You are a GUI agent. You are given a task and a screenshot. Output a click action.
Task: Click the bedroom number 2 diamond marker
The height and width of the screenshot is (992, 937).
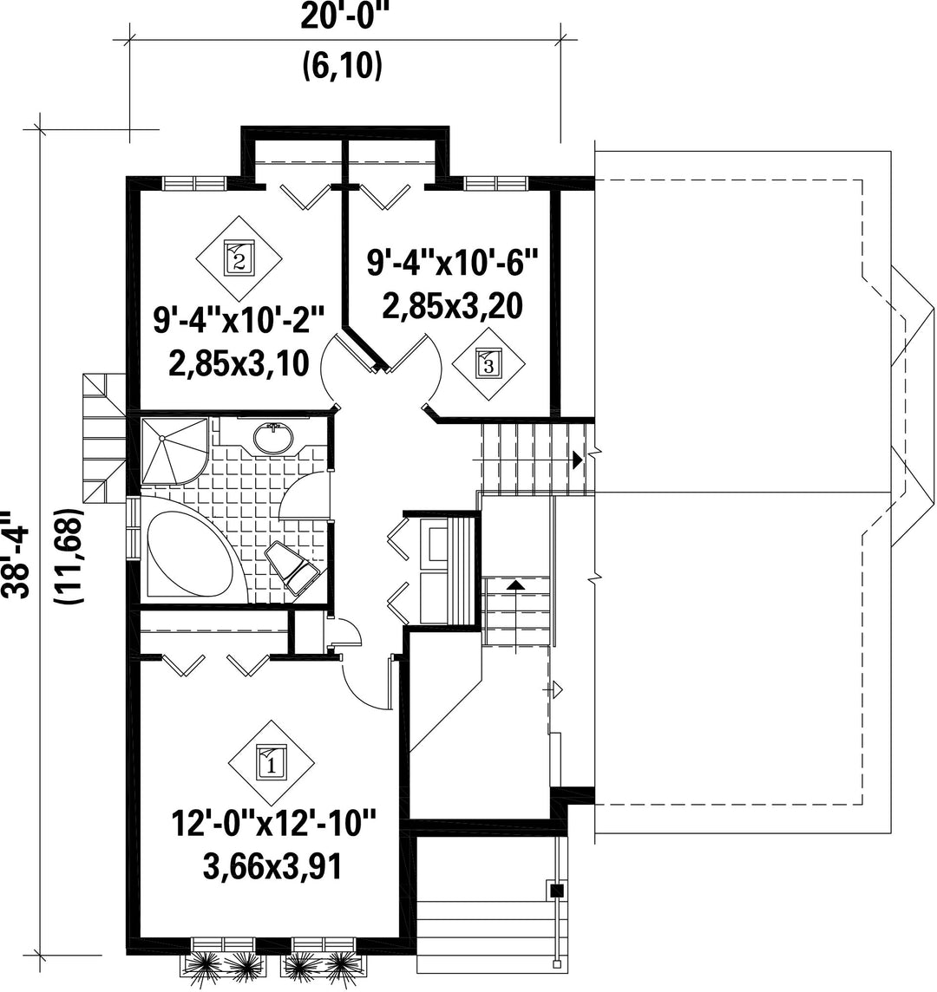coord(239,258)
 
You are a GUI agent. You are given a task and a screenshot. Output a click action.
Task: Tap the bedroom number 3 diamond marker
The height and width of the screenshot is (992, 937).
coord(488,364)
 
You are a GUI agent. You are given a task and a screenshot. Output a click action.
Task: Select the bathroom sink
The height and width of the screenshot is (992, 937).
coord(273,438)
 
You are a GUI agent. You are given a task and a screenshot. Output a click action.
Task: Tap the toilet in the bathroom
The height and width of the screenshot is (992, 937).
coord(294,567)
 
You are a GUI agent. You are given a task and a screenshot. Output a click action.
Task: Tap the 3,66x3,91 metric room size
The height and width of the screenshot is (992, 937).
coord(272,866)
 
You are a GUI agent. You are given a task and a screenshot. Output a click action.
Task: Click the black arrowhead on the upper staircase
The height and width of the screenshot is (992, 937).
coord(577,460)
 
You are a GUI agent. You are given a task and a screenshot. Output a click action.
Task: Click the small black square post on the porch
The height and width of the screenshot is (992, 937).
coord(556,891)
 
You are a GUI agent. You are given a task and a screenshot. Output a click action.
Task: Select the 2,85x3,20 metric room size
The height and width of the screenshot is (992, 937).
coord(452,306)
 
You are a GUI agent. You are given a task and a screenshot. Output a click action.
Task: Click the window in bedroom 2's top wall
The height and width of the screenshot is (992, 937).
coord(194,183)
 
